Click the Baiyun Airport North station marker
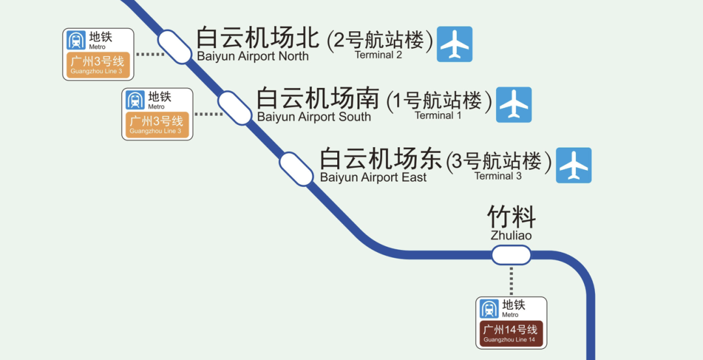[x=174, y=46]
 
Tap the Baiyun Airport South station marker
[x=234, y=108]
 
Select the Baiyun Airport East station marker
[x=297, y=169]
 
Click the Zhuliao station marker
[x=511, y=255]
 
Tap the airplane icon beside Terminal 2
[x=454, y=44]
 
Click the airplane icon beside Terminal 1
[x=514, y=105]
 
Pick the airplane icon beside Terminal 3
[x=574, y=165]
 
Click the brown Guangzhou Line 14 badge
[x=511, y=334]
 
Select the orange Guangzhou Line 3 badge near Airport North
[x=98, y=65]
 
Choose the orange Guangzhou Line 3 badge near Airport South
[x=157, y=124]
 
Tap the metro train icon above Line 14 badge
[x=489, y=309]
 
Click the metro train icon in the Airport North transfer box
[x=76, y=40]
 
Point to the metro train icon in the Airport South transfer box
[x=135, y=100]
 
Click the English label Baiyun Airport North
[x=253, y=56]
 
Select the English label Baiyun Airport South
[x=314, y=117]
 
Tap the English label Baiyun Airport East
[x=373, y=178]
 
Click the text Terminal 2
[x=378, y=55]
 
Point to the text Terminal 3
[x=498, y=176]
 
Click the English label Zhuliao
[x=511, y=236]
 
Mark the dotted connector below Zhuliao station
[x=511, y=281]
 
